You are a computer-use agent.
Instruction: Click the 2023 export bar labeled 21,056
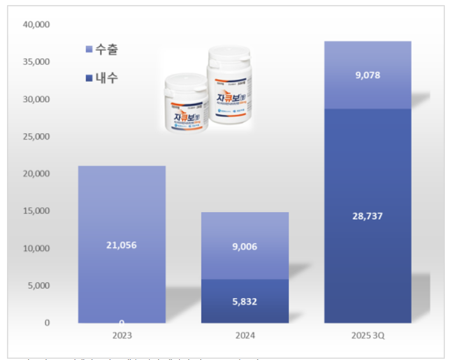tap(122, 210)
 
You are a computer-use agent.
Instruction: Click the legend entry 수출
tap(103, 50)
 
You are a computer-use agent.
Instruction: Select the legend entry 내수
tap(103, 78)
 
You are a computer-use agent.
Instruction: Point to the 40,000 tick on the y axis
tap(36, 25)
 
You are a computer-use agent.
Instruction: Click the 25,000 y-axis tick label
tap(36, 136)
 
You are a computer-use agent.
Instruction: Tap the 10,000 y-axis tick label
tap(36, 248)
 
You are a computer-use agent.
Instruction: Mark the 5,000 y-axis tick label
tap(38, 285)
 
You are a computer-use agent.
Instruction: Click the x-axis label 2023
tap(122, 335)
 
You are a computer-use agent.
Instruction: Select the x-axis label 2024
tap(245, 335)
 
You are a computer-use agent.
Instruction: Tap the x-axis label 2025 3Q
tap(367, 335)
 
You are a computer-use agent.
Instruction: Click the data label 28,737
tap(367, 216)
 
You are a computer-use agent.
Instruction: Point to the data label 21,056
tap(122, 245)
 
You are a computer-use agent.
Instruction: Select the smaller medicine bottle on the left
tap(186, 103)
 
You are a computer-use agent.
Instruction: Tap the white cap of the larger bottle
tap(230, 57)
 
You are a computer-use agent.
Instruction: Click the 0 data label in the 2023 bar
tap(121, 322)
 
